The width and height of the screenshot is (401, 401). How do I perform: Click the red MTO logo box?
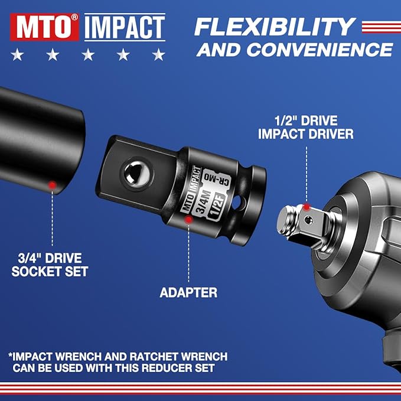[x=44, y=27]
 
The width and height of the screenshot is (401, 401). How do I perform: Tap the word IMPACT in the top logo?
[x=124, y=27]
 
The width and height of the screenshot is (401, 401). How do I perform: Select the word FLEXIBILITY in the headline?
[x=275, y=26]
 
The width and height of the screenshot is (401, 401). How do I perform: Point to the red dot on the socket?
[x=53, y=185]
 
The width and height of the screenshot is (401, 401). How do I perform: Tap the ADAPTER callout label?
[x=188, y=292]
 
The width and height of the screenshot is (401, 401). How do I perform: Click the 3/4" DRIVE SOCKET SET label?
[x=52, y=264]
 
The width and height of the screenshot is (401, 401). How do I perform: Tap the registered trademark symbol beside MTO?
[x=74, y=18]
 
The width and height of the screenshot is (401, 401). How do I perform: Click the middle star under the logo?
[x=88, y=56]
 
